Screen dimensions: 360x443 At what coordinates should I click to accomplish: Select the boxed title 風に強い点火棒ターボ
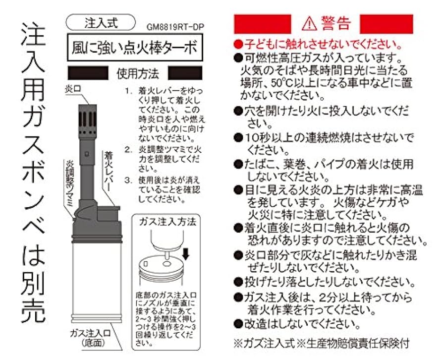click(134, 48)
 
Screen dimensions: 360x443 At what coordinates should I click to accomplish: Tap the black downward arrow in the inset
click(186, 254)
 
